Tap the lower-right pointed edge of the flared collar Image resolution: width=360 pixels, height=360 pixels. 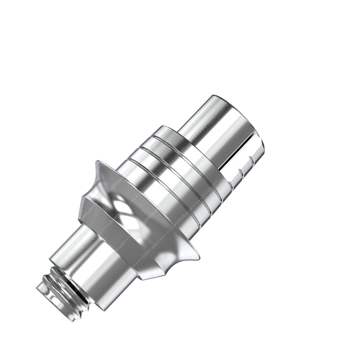197,256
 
